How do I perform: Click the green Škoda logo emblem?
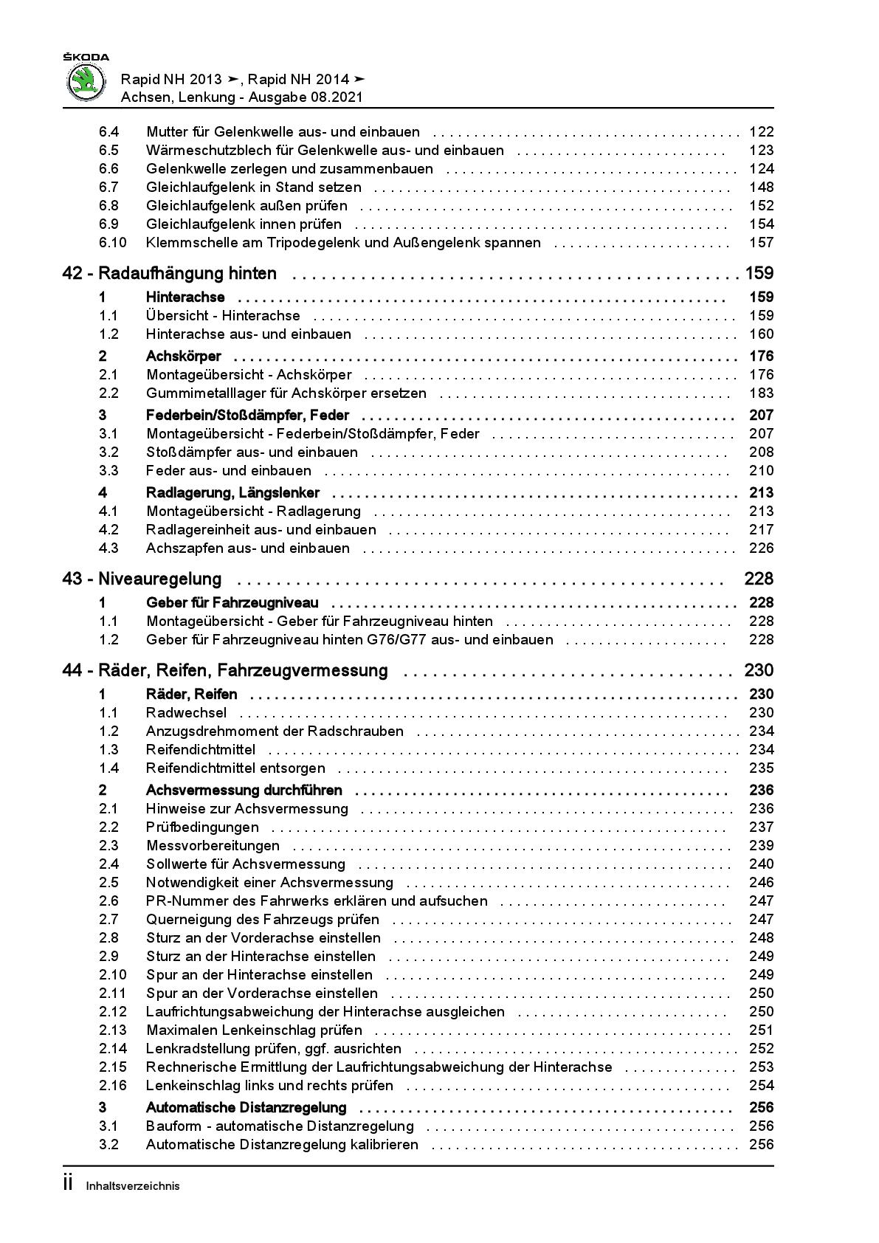(86, 82)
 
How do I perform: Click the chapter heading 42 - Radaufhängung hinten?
(170, 274)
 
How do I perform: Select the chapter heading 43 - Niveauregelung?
(142, 579)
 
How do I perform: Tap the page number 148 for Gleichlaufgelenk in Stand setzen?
(761, 187)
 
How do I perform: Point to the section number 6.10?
(113, 243)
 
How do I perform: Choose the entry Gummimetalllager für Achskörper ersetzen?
(286, 393)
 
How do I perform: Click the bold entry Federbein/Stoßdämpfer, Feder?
(247, 416)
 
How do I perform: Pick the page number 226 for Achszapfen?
(761, 548)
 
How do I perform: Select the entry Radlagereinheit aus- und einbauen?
(261, 530)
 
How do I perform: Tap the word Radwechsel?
(186, 713)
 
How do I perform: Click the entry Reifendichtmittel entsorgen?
(235, 768)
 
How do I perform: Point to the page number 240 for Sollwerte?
(761, 864)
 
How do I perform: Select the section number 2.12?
(113, 1012)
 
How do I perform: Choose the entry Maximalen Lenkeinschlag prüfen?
(254, 1030)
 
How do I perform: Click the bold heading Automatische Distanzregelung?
(246, 1108)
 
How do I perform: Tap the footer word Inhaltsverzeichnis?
(133, 1186)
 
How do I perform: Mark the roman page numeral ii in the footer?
(68, 1184)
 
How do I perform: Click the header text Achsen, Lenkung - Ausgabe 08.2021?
(241, 97)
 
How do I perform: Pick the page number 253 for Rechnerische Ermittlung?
(761, 1067)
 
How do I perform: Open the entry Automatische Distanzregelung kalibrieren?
(282, 1145)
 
